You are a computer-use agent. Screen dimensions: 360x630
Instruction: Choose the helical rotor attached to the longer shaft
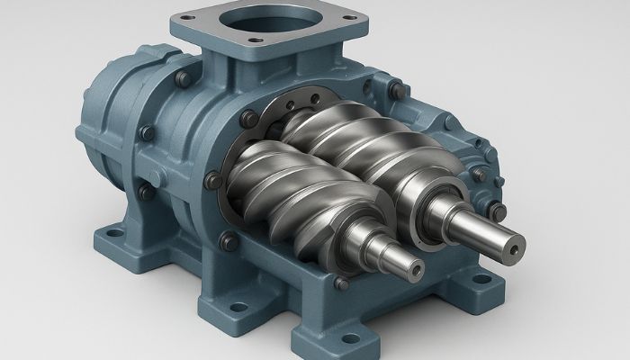[x=360, y=148]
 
